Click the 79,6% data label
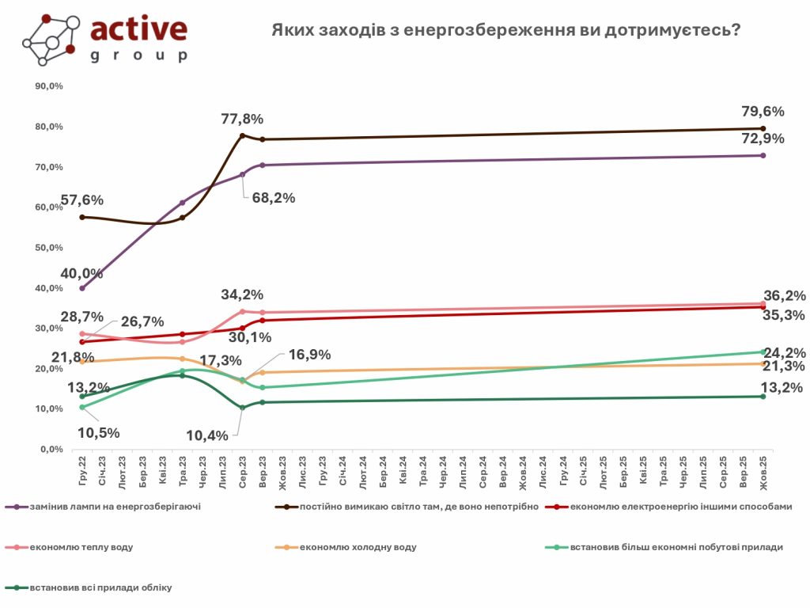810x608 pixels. (x=763, y=111)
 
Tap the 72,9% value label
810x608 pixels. (x=763, y=139)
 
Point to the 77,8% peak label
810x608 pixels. (x=241, y=120)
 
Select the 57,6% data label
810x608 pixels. (x=82, y=200)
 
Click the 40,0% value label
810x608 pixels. (x=82, y=274)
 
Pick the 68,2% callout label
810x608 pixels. (x=273, y=198)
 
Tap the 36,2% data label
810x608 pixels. (x=784, y=296)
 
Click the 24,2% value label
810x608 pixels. (x=784, y=351)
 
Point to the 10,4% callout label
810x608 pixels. (x=209, y=435)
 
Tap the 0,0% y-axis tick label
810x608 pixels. (x=51, y=449)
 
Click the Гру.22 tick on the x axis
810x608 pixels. (x=82, y=466)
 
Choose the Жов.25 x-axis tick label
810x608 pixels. (x=763, y=466)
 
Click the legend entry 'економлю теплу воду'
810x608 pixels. (x=70, y=547)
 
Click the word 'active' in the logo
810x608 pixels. (x=139, y=29)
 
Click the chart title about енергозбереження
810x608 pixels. (x=506, y=31)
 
